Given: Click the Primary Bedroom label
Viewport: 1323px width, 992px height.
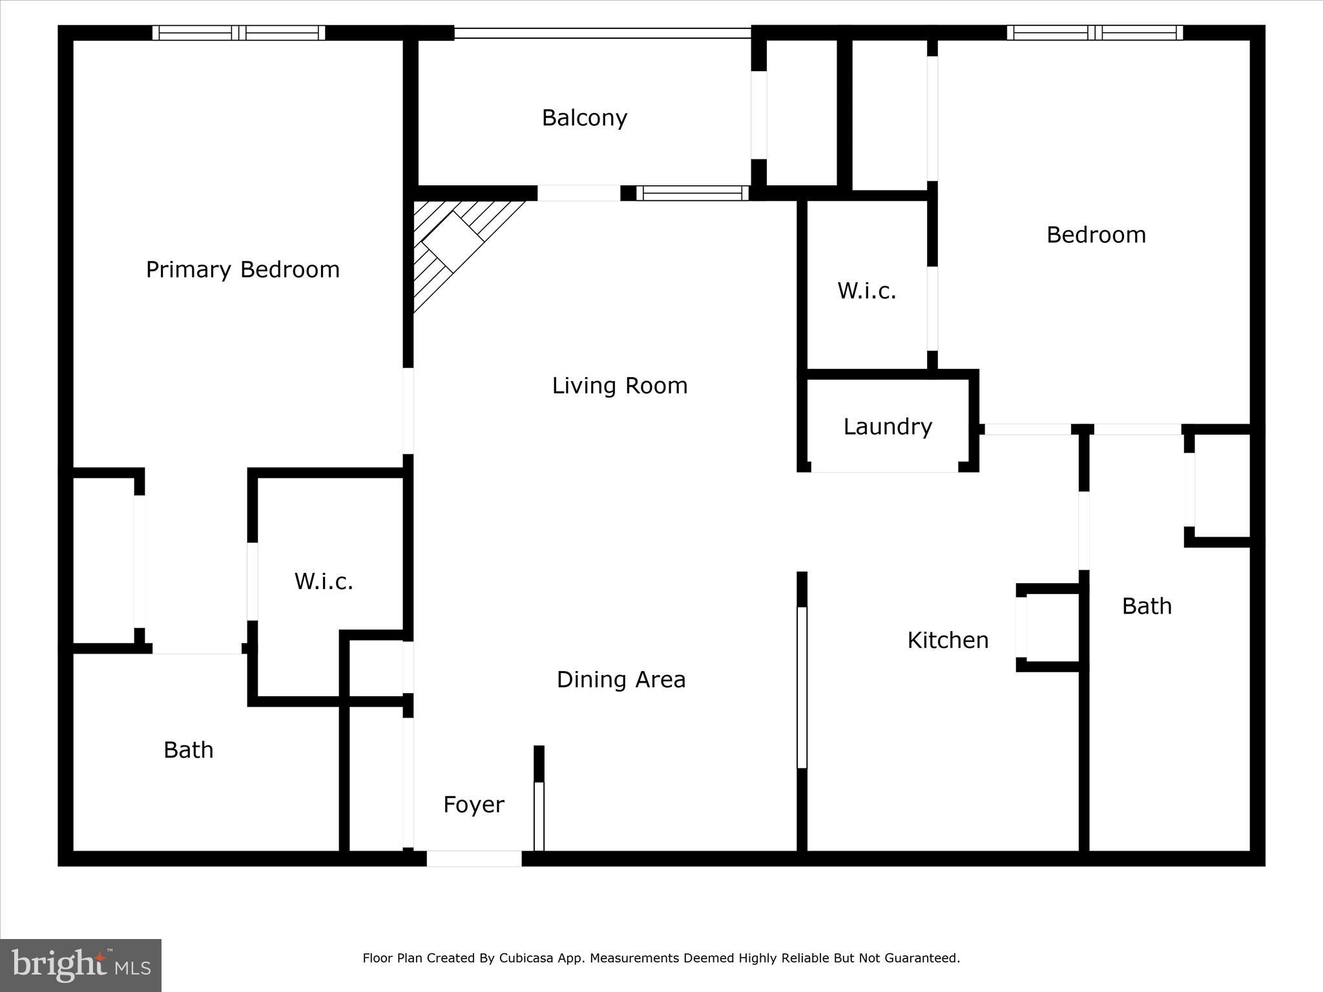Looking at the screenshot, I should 242,269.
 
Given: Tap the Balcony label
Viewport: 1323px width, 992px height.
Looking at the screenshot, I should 584,118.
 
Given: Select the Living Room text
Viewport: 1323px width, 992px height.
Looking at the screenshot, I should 620,386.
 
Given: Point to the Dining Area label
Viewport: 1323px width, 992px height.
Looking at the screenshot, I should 621,679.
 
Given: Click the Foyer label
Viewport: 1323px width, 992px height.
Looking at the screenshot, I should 474,805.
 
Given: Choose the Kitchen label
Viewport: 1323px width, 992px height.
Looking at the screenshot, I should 948,640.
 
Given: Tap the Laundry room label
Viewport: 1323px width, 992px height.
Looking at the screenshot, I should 888,426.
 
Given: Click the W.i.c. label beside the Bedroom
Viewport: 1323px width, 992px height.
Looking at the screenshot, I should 867,291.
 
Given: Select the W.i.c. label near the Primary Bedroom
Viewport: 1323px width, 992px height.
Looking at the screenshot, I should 324,581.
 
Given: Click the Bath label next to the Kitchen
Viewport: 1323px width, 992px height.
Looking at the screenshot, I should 1147,606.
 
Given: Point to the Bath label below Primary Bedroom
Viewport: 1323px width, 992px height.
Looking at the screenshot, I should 188,750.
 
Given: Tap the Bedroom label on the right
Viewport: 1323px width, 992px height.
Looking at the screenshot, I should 1096,234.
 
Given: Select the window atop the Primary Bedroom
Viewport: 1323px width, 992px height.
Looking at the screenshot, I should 238,33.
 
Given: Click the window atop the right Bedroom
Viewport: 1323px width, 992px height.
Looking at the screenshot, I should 1094,33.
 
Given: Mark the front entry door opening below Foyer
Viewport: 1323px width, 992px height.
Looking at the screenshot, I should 474,858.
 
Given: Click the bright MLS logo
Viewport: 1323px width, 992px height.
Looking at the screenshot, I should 81,966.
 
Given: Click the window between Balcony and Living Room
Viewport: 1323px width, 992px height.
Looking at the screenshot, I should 692,193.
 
